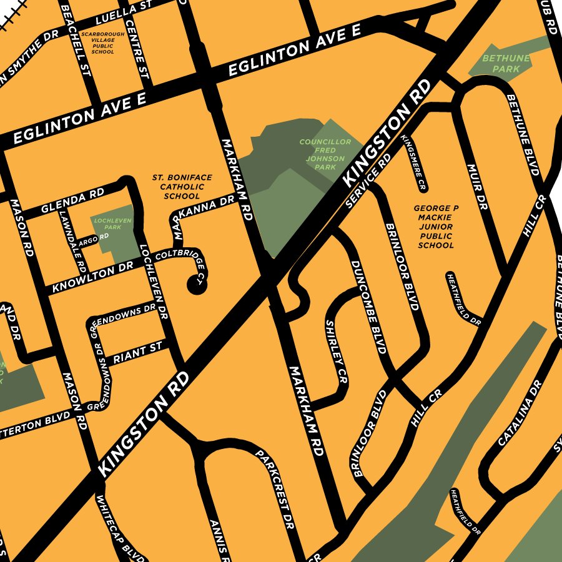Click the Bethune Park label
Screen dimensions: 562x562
[506, 63]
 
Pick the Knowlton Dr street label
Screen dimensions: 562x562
[93, 279]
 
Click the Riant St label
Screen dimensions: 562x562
[137, 353]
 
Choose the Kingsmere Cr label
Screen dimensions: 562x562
[413, 162]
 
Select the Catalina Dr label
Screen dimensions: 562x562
[518, 413]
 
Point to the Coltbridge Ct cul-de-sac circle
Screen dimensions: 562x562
[197, 285]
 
